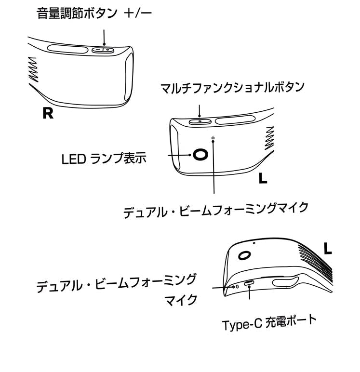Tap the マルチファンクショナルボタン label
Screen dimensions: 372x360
[x=233, y=88]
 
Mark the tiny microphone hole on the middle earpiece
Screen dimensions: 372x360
[x=213, y=138]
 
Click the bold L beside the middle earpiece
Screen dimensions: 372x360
[x=262, y=179]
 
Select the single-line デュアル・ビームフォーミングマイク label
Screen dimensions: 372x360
[x=215, y=209]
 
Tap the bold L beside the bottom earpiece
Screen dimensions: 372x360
[x=328, y=249]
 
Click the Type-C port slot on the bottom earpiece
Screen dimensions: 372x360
[x=250, y=283]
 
